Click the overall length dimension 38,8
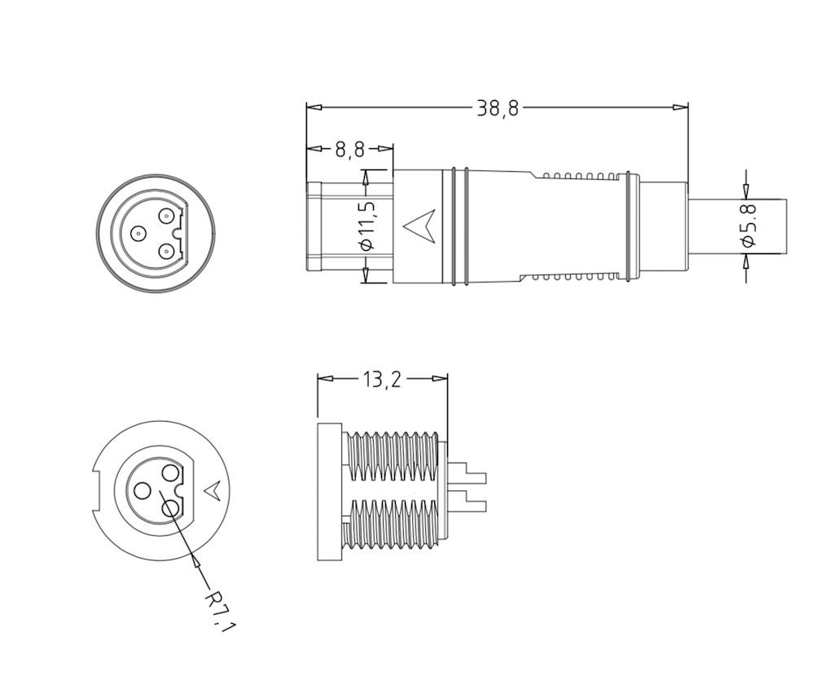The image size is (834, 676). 497,108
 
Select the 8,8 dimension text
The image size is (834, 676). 350,150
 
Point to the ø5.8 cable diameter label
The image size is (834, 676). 748,226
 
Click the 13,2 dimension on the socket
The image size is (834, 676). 382,380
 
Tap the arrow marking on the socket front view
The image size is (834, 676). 215,489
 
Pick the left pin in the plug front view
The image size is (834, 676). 138,233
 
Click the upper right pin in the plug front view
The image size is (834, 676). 166,217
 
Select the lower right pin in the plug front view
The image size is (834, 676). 166,250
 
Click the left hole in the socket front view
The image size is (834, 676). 143,491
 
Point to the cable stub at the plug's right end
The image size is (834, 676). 738,226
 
